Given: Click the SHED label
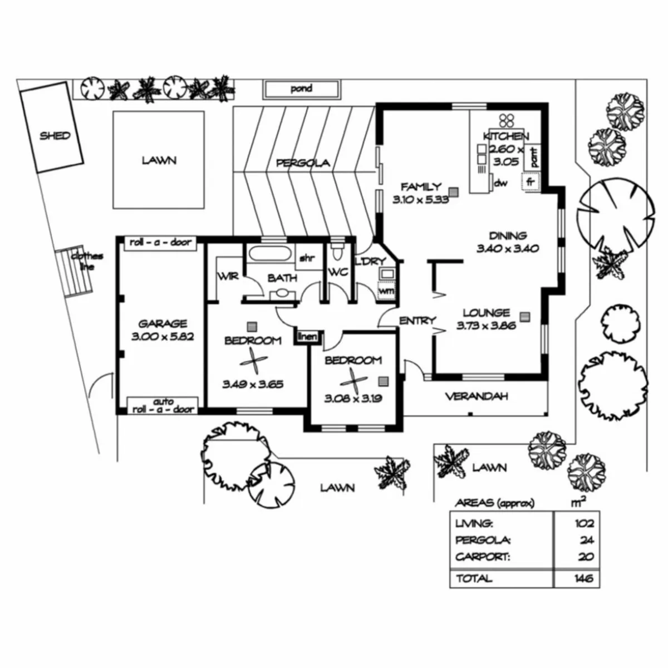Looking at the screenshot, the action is click(55, 135).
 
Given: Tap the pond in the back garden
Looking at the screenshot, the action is click(301, 90).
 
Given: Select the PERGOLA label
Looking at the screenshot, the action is click(303, 163).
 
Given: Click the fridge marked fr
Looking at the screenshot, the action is click(531, 181).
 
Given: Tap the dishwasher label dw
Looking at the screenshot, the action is click(500, 183).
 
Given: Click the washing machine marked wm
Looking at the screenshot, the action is click(386, 291).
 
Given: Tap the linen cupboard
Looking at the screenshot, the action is click(307, 337).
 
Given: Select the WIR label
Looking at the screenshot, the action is click(228, 276).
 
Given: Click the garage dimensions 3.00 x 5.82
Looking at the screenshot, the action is click(162, 337).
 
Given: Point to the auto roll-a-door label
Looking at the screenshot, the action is click(163, 406).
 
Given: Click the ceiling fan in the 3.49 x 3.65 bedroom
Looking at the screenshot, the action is click(253, 361).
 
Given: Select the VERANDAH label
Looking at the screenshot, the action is click(477, 396).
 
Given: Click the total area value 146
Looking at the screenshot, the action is click(584, 578).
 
